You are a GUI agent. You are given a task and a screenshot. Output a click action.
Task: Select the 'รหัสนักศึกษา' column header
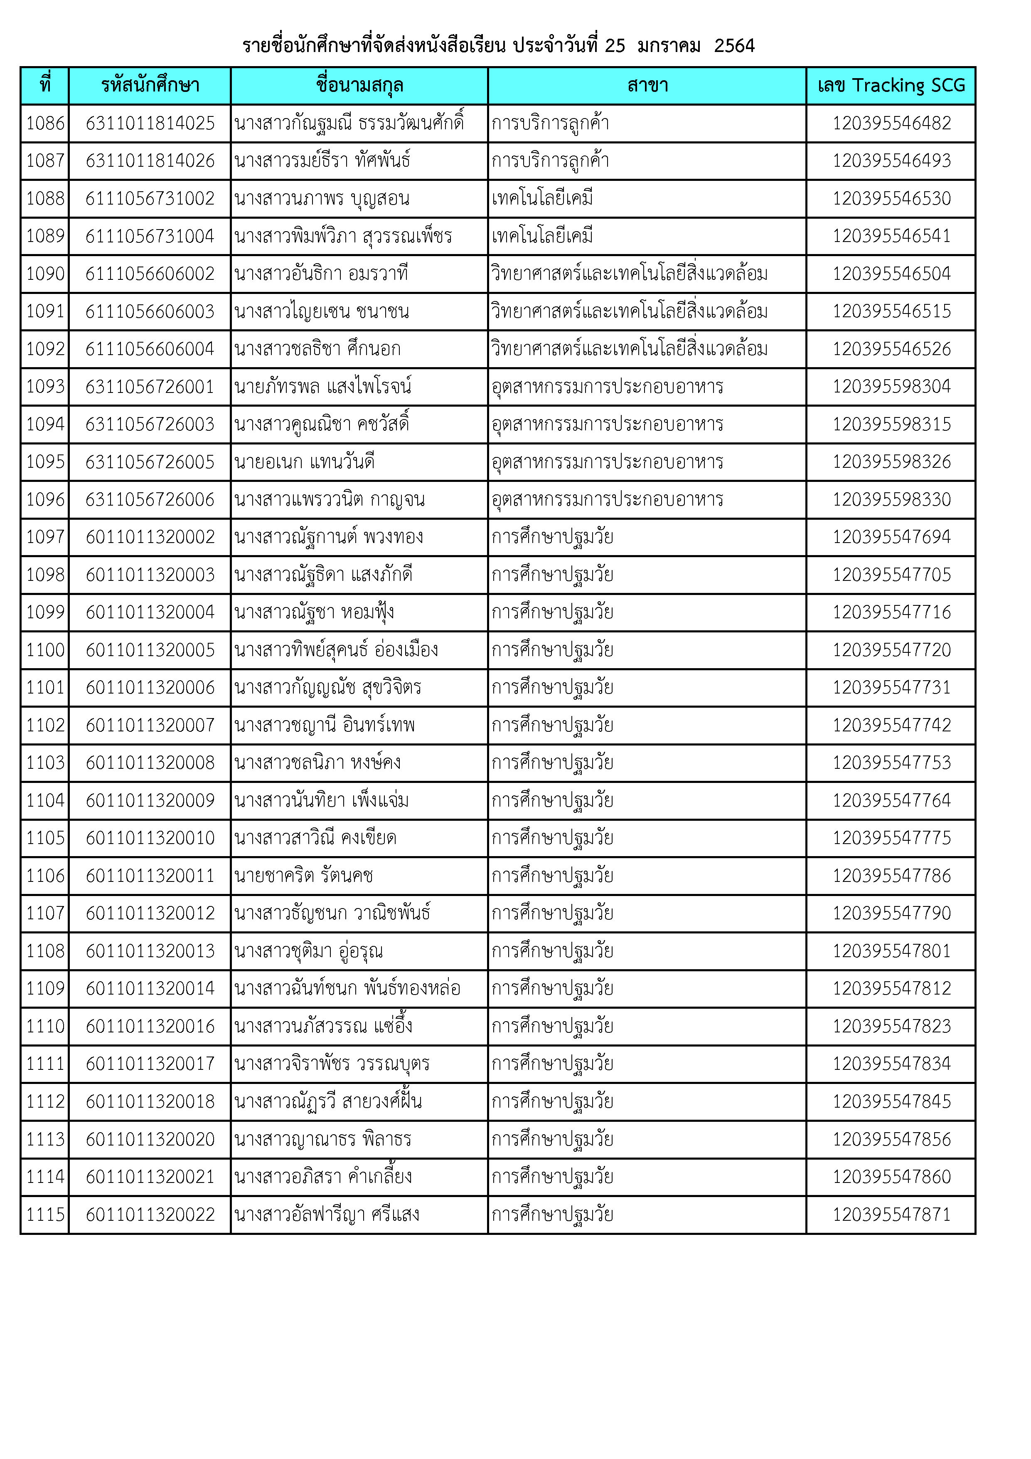(150, 85)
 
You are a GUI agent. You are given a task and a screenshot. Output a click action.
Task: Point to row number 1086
(45, 123)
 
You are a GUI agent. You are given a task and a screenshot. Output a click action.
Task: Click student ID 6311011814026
(150, 161)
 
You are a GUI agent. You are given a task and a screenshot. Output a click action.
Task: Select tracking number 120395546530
(891, 198)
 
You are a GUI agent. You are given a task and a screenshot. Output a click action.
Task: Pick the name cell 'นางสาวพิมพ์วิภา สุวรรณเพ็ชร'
(343, 237)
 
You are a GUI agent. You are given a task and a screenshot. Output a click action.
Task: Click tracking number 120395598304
(891, 386)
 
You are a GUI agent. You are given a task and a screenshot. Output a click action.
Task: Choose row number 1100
(45, 650)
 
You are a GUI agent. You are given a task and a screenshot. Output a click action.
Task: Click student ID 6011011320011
(150, 876)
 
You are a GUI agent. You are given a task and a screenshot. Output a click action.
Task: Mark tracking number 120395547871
(891, 1215)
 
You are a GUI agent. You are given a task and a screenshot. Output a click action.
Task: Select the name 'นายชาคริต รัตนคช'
(304, 876)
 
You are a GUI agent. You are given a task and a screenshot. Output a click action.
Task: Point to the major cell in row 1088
(542, 198)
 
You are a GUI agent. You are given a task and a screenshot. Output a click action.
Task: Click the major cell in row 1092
(629, 349)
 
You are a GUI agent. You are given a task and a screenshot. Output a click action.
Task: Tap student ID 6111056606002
(150, 274)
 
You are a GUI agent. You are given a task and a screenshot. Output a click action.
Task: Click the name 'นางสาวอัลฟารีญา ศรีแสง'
(327, 1215)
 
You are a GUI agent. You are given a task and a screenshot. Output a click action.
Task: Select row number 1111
(45, 1064)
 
